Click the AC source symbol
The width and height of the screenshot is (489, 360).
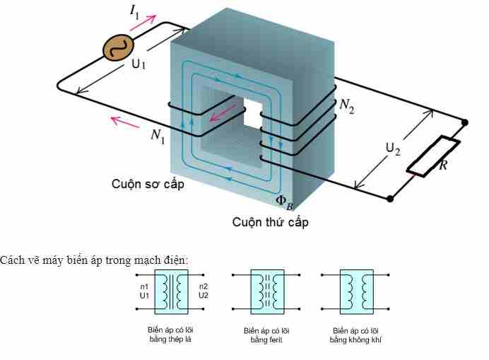click(117, 48)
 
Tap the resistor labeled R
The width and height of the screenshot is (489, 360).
click(432, 156)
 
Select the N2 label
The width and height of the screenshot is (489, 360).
click(346, 105)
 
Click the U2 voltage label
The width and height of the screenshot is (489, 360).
click(392, 149)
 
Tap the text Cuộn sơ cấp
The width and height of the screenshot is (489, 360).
click(147, 185)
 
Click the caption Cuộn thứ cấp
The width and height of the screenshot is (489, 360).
click(271, 222)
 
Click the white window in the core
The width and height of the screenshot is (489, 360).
click(252, 112)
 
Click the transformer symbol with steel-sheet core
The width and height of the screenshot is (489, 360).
click(170, 291)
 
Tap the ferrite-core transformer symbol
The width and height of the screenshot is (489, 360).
click(266, 291)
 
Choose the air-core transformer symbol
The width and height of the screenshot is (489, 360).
click(356, 291)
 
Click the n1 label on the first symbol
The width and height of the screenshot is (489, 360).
click(144, 286)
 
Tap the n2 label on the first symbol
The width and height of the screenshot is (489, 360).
click(203, 286)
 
